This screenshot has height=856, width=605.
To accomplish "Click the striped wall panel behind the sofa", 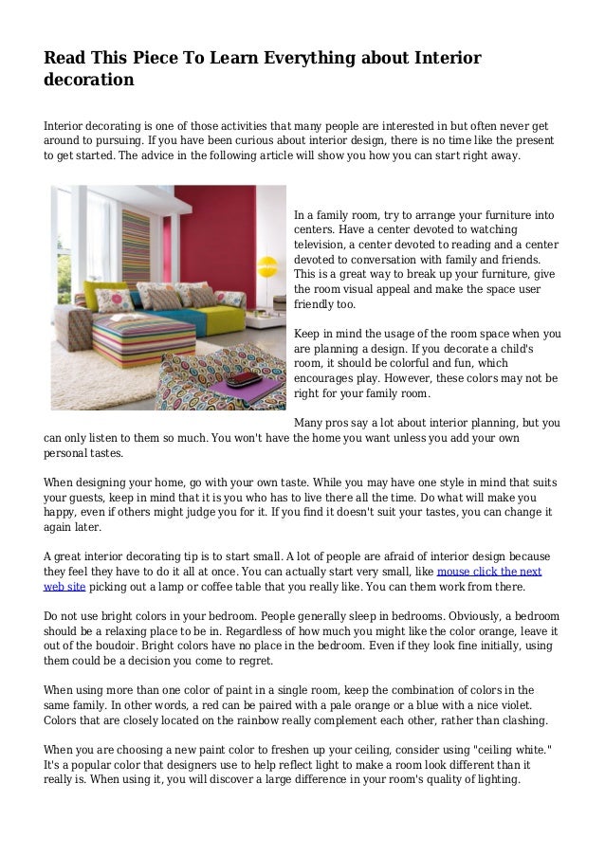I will tap(137, 246).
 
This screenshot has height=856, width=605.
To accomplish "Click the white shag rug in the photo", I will tap(104, 379).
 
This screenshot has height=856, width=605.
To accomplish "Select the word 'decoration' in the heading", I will tap(89, 81).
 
